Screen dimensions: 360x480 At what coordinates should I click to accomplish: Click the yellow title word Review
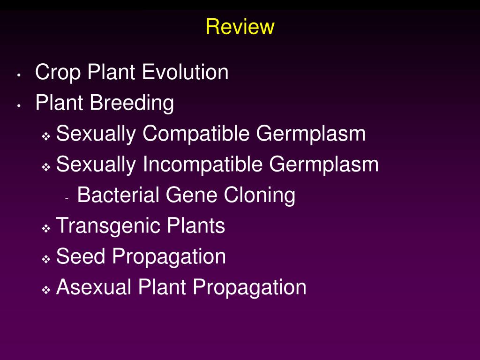(x=240, y=27)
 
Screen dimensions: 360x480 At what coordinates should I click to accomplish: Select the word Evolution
(x=185, y=73)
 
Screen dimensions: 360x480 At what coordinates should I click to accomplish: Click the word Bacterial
(x=118, y=195)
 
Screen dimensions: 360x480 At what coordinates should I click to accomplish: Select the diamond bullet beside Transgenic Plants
(x=46, y=229)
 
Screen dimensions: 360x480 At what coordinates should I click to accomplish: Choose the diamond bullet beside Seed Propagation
(x=46, y=259)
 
